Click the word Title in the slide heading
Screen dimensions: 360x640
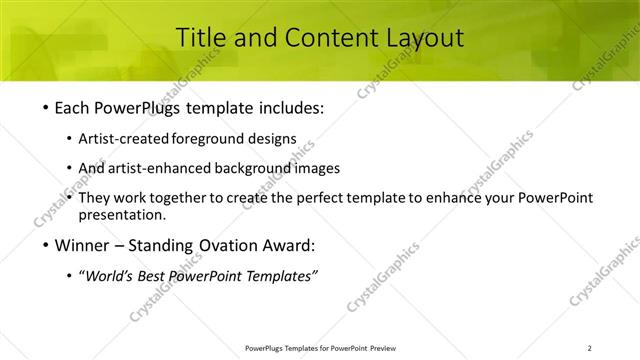coord(199,38)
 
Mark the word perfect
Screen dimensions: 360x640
coord(315,198)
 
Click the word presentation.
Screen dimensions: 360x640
coord(127,214)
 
